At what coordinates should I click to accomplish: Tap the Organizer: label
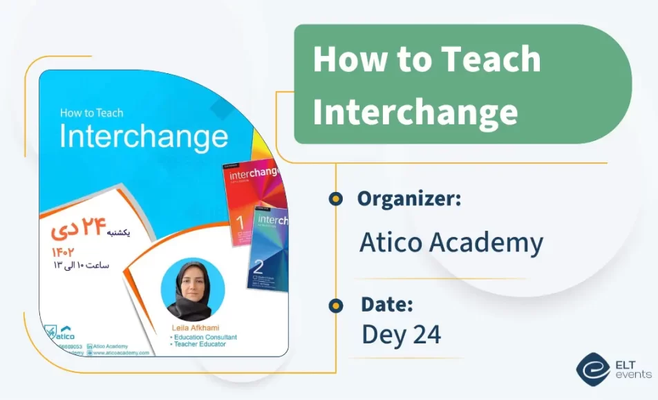point(409,200)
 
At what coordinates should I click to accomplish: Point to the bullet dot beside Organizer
point(336,200)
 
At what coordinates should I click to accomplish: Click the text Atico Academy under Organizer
point(451,242)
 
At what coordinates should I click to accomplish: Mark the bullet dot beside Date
point(336,305)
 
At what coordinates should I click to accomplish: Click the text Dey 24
point(401,334)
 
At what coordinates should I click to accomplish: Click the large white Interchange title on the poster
point(144,137)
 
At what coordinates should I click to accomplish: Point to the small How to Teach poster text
point(91,113)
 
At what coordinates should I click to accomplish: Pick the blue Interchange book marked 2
point(270,249)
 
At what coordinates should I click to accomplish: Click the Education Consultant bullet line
point(205,337)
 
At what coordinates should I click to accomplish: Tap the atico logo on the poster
point(61,332)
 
